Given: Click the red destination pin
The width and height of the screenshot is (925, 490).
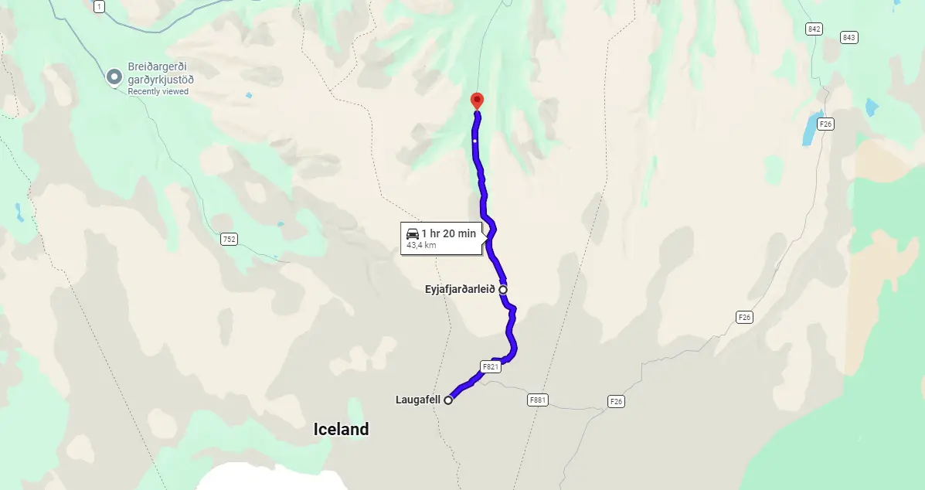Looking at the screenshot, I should (477, 100).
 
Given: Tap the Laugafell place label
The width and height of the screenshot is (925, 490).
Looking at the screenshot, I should (417, 400).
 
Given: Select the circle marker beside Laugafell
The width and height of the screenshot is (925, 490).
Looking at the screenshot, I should (448, 400).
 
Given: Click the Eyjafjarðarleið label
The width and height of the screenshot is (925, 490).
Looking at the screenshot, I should (459, 290).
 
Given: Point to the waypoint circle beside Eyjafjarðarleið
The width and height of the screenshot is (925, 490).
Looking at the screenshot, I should (503, 290).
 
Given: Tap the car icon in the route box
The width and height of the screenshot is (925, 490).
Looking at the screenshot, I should (413, 233).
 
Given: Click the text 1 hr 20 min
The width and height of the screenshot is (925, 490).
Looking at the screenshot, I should (448, 233).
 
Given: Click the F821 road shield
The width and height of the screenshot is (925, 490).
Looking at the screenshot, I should (491, 367).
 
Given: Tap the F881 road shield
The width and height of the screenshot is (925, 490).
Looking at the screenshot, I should (539, 400).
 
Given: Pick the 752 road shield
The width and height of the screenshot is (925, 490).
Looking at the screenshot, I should (229, 239).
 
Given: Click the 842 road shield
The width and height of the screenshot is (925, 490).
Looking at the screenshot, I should (813, 29).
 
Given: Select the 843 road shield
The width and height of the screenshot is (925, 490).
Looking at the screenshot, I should (849, 37).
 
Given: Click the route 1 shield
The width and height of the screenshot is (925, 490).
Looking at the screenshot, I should (99, 7).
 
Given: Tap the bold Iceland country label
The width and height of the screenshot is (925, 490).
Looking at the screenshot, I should (341, 429).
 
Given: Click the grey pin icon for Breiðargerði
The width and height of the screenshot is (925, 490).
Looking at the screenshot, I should (114, 77).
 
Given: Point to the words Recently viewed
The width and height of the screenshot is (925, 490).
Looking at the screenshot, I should (158, 91).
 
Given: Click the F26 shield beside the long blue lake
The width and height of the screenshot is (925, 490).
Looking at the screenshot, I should (826, 124).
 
